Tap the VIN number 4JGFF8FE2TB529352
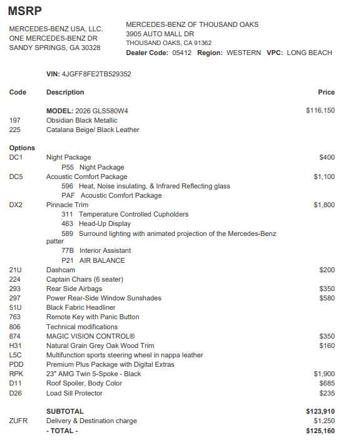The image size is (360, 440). point(96,74)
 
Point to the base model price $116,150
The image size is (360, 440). point(320,110)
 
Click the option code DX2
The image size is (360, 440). point(16,205)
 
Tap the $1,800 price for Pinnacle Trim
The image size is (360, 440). point(324,205)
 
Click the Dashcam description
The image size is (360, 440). point(60,270)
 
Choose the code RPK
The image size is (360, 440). point(16,374)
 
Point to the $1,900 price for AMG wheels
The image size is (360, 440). point(324,374)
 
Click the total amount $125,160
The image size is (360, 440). point(320,431)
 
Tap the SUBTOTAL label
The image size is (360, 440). point(64,411)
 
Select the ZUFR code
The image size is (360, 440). point(18,421)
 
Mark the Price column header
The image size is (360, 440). point(326,92)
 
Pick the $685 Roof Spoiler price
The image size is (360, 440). point(327,383)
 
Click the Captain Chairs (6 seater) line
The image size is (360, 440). point(85,279)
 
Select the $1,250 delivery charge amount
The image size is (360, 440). point(324,421)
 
